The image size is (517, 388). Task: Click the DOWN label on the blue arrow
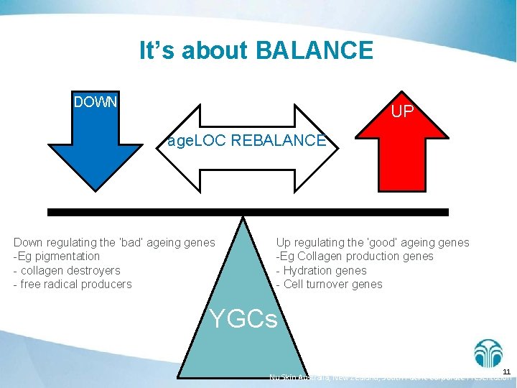[x=96, y=101]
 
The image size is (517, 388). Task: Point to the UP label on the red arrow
[x=402, y=112]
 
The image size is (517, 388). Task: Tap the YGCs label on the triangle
[x=243, y=319]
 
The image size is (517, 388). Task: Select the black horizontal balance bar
[x=248, y=212]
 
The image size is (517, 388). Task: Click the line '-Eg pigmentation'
[x=57, y=257]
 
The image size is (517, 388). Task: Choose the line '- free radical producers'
[x=73, y=284]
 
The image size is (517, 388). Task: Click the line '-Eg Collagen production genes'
[x=355, y=257]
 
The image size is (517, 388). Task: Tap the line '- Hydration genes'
[x=321, y=270]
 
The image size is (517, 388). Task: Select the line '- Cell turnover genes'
[x=330, y=284]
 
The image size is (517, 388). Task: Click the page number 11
[x=506, y=371]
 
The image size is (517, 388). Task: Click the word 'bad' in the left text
[x=139, y=243]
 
